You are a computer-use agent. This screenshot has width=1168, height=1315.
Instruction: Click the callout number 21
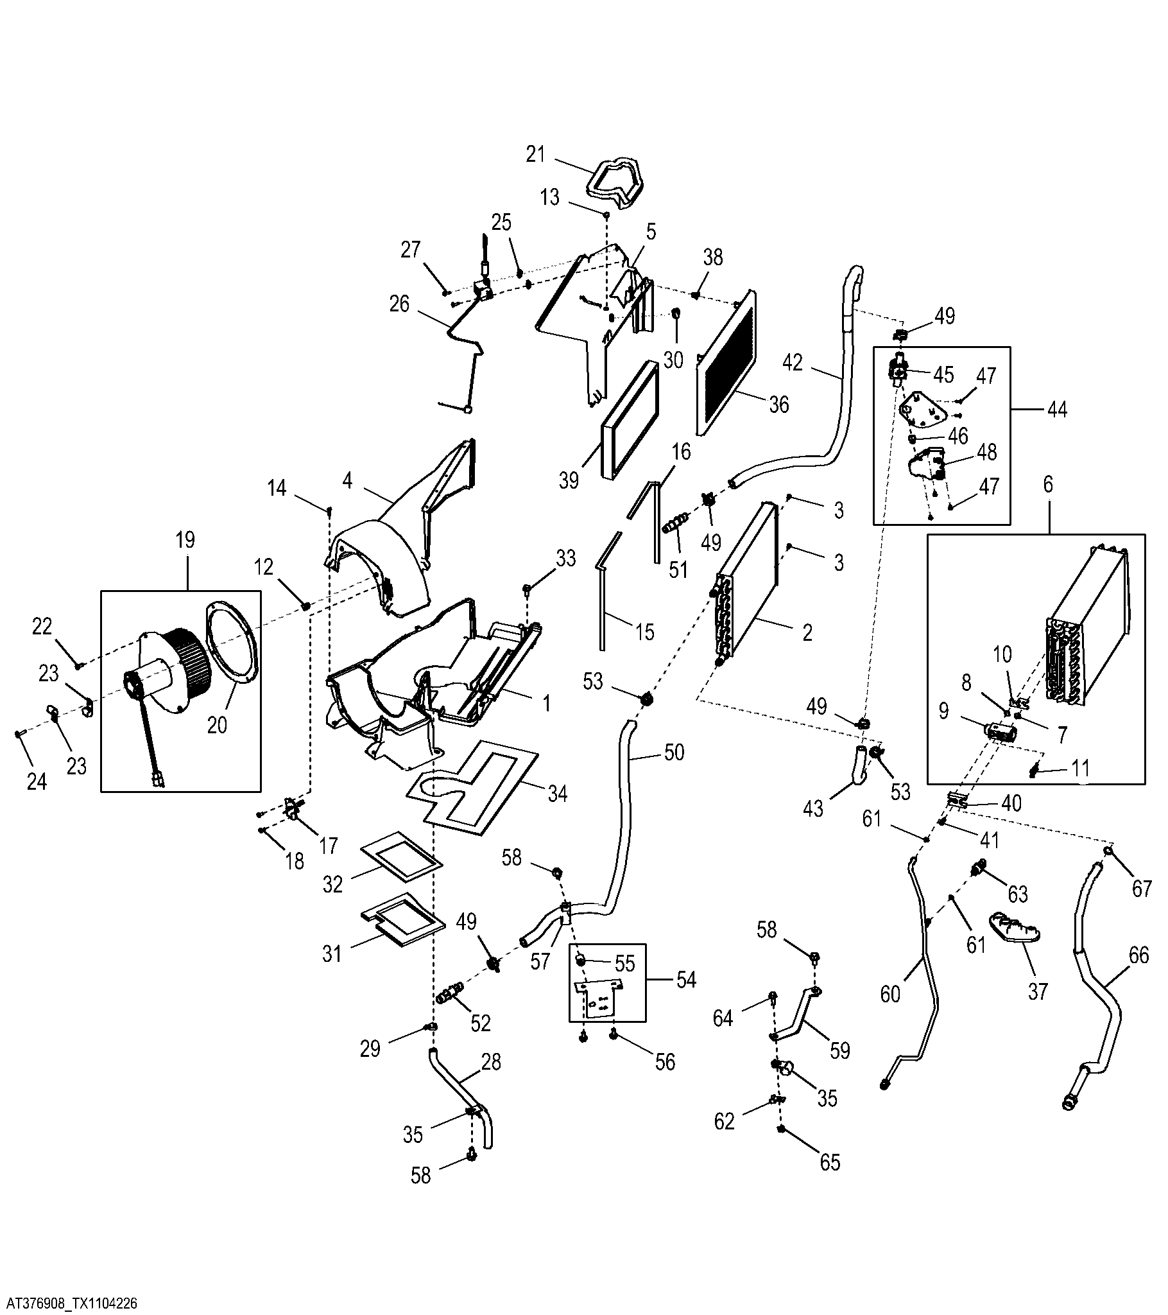click(536, 154)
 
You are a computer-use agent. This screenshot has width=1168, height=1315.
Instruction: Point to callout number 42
click(793, 363)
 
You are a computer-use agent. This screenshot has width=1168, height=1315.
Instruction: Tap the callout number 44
click(1058, 409)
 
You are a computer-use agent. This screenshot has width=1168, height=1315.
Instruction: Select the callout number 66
click(1138, 955)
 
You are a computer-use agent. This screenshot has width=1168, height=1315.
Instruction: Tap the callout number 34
click(557, 794)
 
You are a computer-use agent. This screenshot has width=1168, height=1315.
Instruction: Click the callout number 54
click(687, 980)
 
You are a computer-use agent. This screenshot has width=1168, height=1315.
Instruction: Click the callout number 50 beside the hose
click(674, 752)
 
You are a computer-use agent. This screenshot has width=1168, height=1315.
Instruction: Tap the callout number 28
click(491, 1062)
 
